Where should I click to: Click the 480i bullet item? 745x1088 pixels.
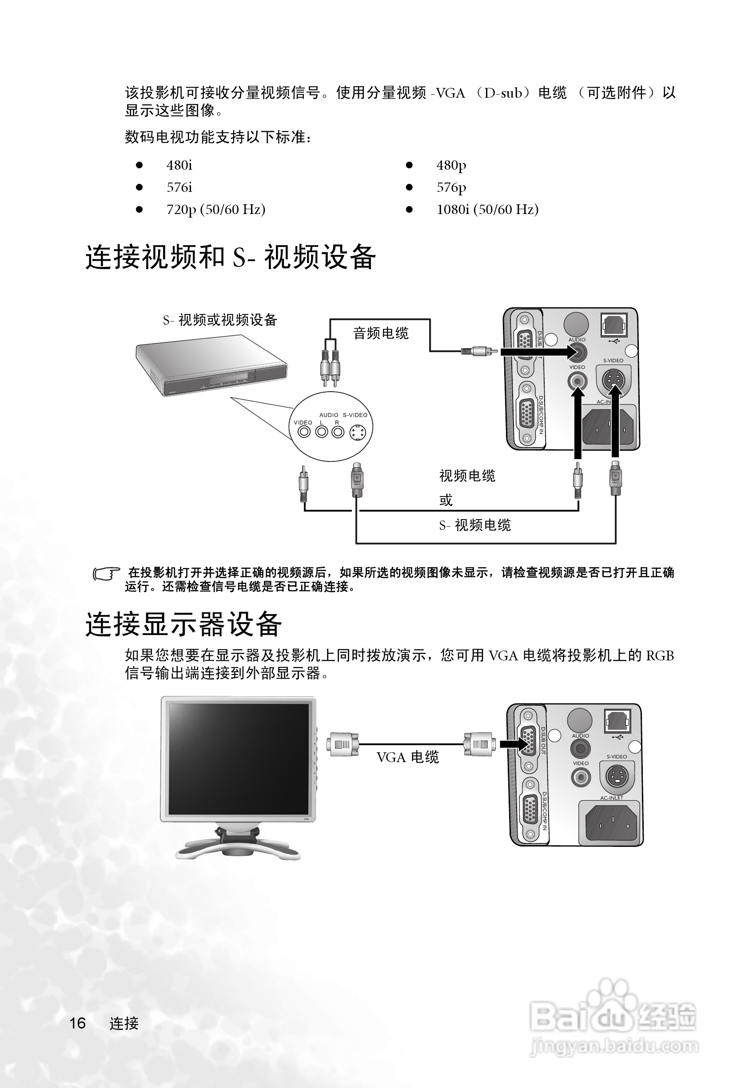(179, 165)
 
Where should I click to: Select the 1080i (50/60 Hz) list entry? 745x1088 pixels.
(487, 209)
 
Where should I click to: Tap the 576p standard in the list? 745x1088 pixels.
(451, 187)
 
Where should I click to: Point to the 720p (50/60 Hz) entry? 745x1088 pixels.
(216, 209)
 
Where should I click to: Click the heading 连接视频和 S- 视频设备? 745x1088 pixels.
(231, 257)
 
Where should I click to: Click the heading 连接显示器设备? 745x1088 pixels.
(183, 624)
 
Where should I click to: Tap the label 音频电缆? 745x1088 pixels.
(381, 334)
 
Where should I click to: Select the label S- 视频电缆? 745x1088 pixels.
(475, 525)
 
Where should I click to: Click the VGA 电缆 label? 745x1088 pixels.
(407, 758)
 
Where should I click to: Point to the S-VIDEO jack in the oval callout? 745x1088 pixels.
(358, 432)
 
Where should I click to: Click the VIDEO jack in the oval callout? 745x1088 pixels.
(304, 432)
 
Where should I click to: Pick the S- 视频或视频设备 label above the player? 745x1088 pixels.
(220, 320)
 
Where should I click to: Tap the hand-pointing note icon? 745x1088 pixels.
(106, 573)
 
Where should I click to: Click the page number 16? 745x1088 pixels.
(78, 1024)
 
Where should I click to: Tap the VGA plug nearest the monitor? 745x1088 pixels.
(343, 744)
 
